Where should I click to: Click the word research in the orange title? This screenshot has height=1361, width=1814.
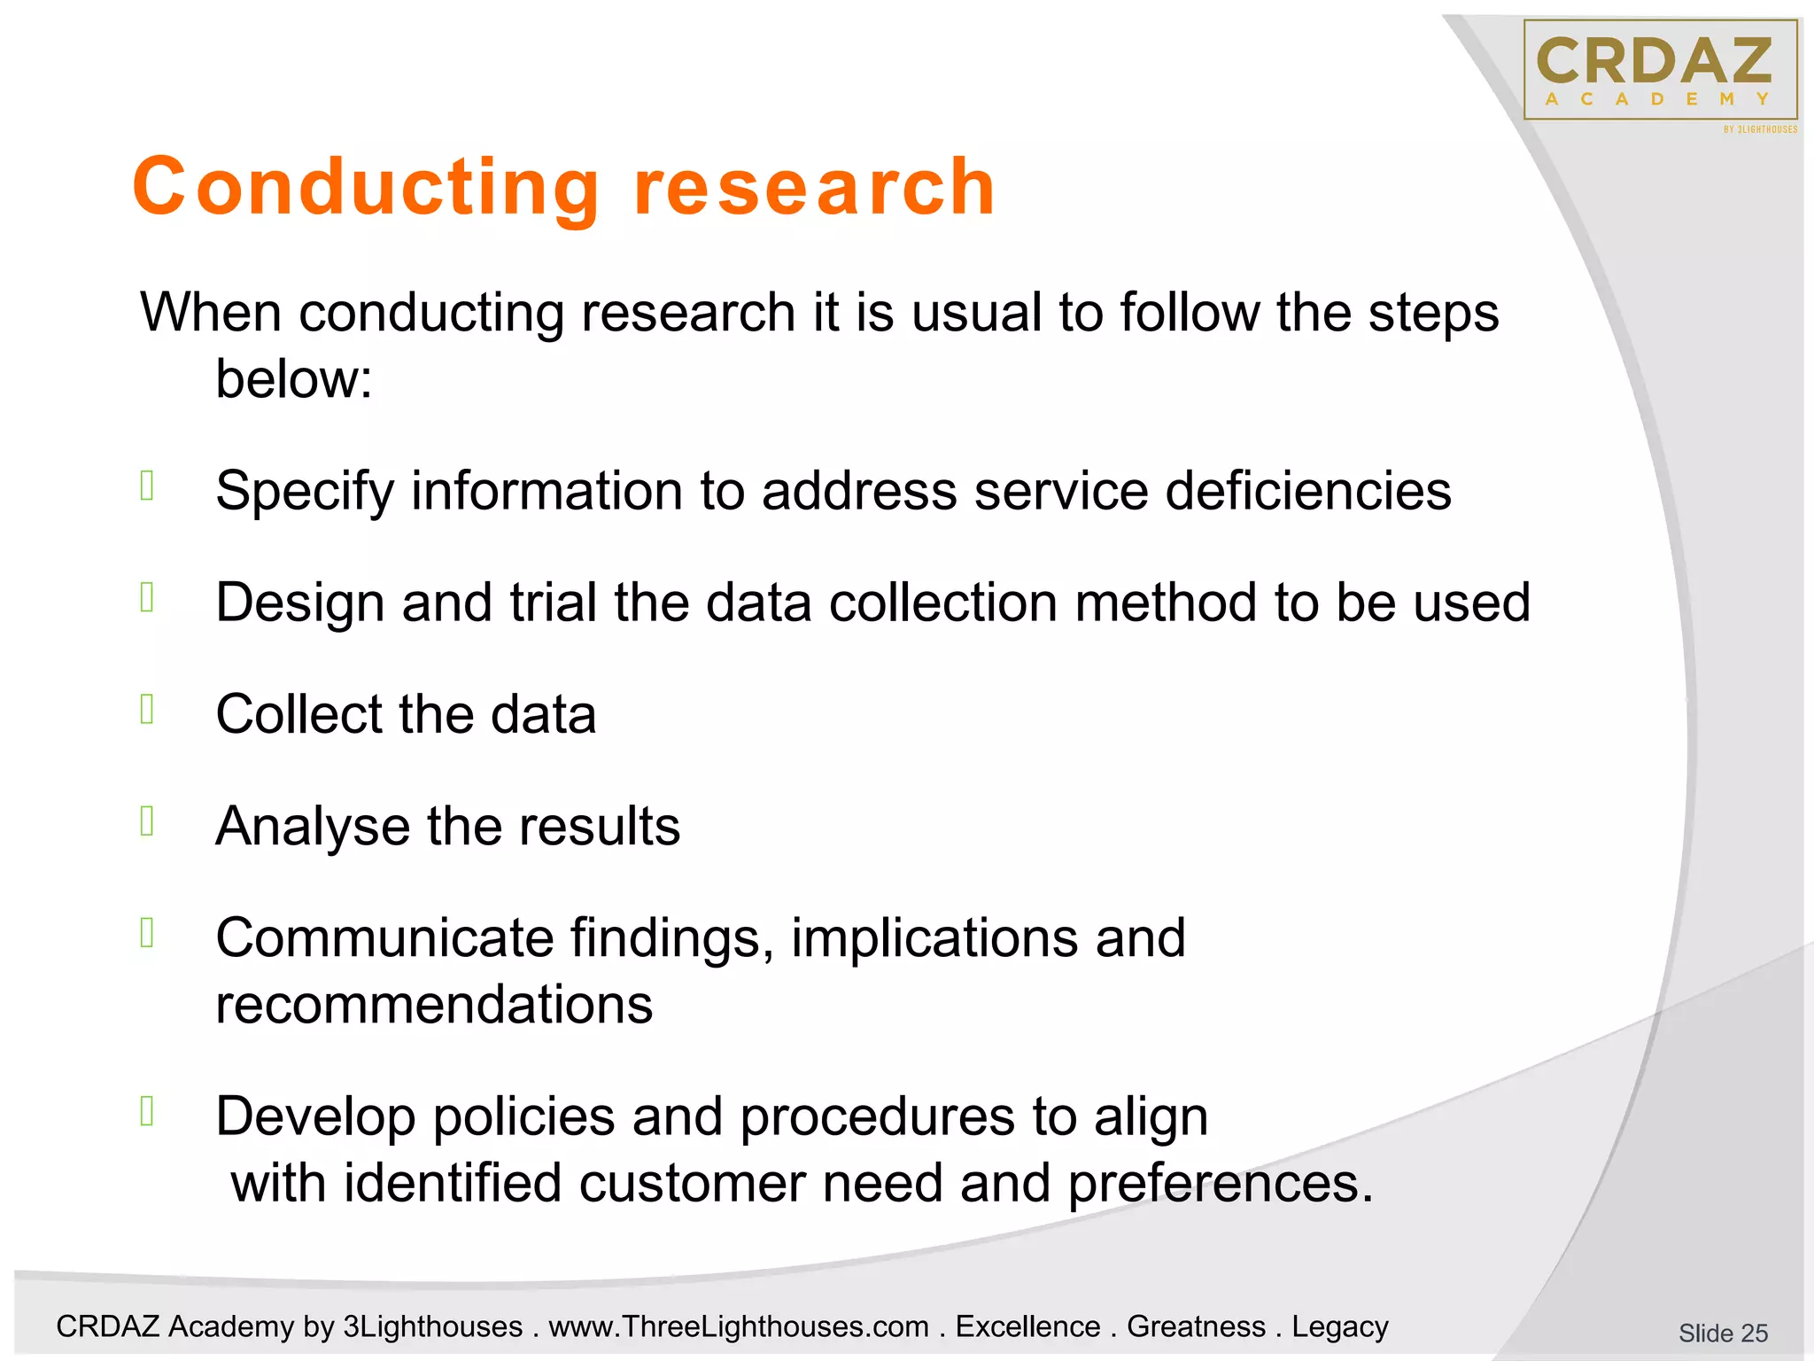point(815,188)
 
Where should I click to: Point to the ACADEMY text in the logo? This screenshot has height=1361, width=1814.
point(1656,99)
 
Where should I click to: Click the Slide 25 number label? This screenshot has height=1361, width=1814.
point(1722,1333)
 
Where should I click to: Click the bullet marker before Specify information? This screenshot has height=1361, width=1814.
point(147,486)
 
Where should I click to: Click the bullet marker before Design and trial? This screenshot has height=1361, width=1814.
point(147,597)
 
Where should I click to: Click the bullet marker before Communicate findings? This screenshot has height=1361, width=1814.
point(147,932)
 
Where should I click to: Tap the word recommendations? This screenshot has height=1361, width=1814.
point(434,1005)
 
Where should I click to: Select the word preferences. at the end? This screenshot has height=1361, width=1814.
point(1220,1184)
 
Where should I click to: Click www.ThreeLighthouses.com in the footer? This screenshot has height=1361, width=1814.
point(739,1326)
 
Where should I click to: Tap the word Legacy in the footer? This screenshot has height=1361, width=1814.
point(1339,1326)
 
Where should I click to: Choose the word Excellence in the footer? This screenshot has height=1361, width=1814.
point(1027,1326)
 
